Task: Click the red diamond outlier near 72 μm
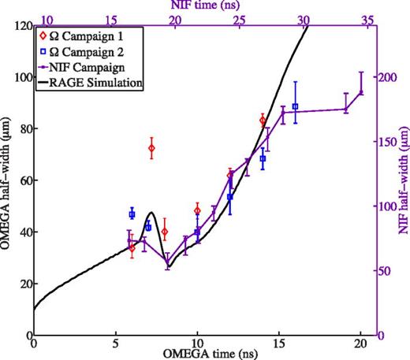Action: click(151, 148)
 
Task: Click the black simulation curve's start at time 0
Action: click(34, 309)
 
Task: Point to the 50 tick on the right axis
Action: click(386, 271)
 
